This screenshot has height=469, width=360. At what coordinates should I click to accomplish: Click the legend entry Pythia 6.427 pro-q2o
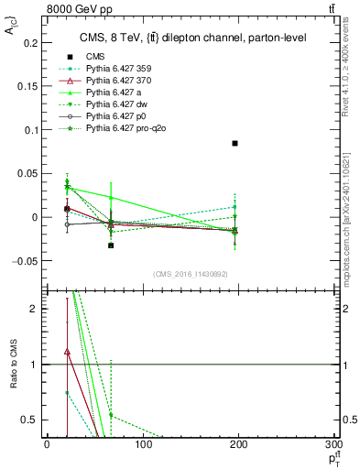click(123, 127)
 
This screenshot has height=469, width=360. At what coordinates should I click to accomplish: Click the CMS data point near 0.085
click(235, 144)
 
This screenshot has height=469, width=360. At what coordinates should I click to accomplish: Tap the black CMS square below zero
click(111, 245)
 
